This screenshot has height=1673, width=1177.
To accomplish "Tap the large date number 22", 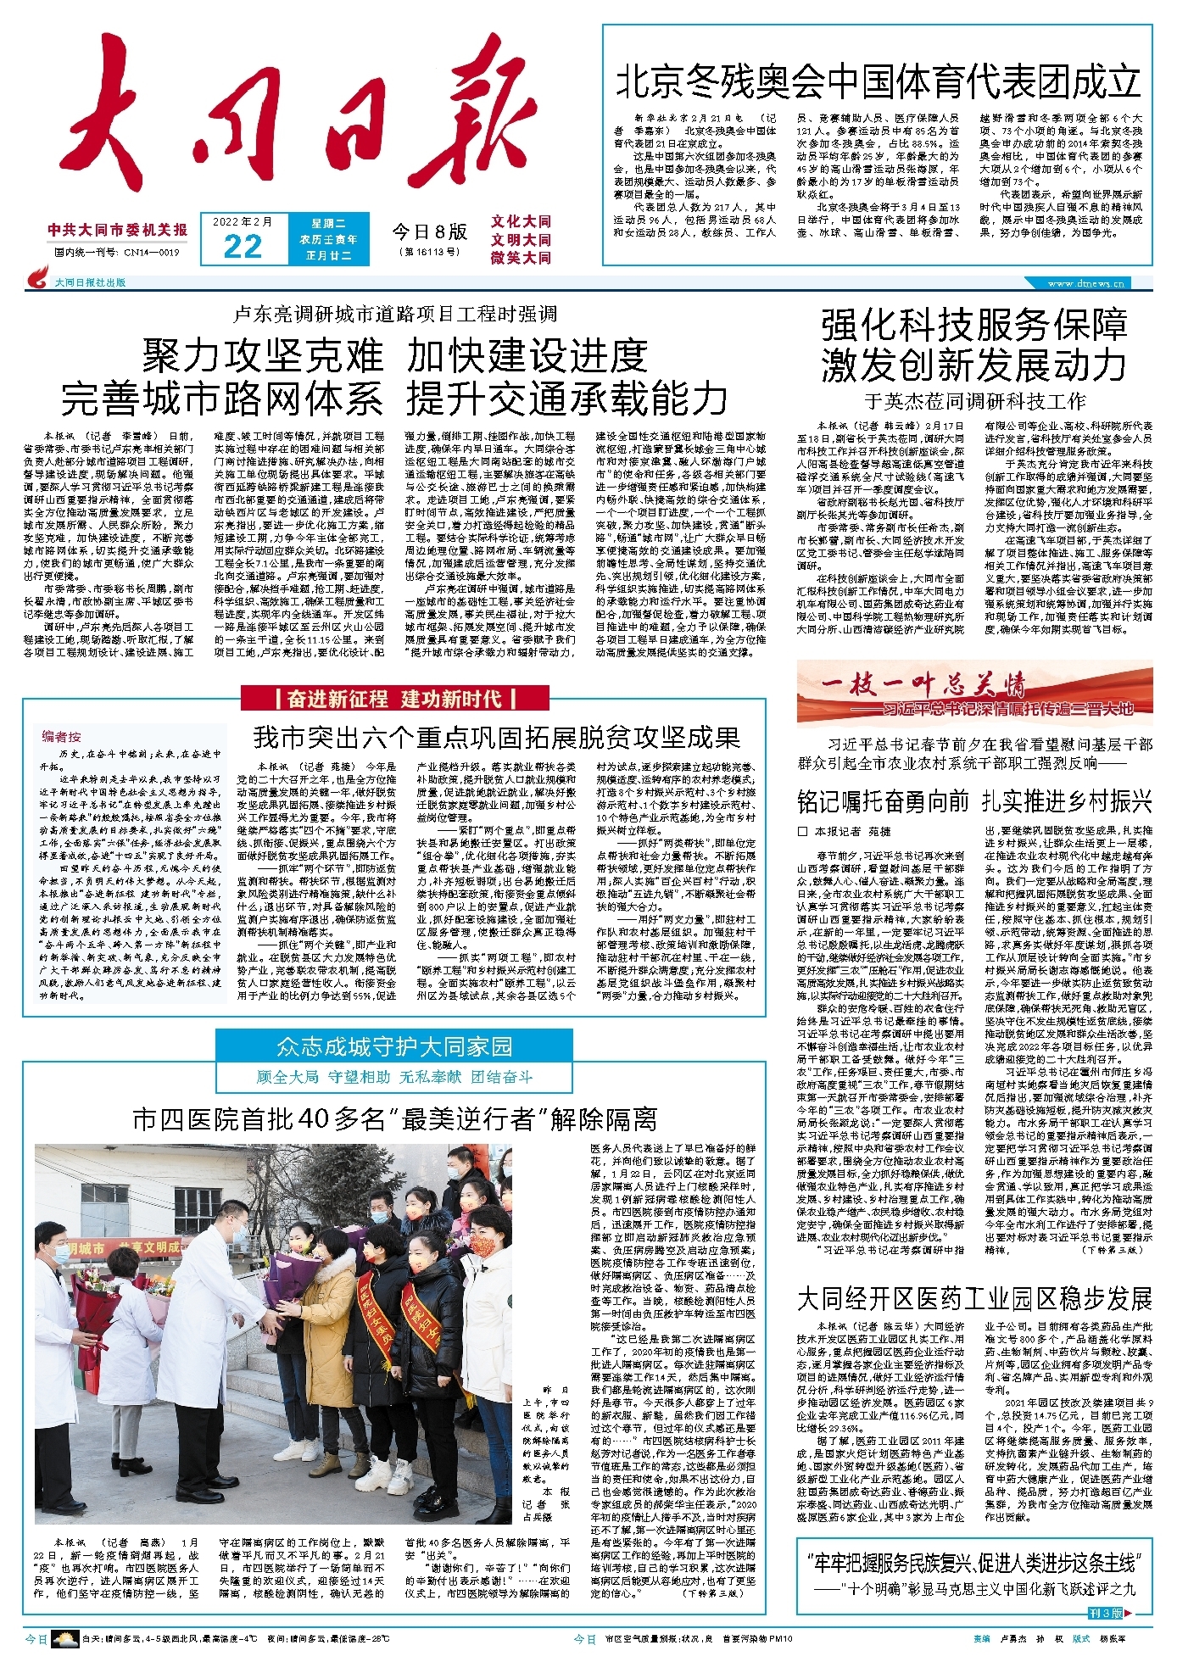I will [243, 247].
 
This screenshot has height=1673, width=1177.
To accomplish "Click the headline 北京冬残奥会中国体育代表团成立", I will [878, 81].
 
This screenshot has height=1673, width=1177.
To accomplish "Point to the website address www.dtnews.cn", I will [1086, 283].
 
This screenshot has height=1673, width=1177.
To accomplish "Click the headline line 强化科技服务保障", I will [974, 325].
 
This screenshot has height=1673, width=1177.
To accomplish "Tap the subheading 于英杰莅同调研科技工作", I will [974, 401].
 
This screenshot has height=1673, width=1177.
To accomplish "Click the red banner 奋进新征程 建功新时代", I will [394, 699].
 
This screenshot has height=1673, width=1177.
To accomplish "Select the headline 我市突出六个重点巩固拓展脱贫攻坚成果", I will [496, 737].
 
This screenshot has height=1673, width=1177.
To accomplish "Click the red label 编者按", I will [62, 736].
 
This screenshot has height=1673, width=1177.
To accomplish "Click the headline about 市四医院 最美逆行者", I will [394, 1119].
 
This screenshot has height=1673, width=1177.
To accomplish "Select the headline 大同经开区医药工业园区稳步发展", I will [974, 1298].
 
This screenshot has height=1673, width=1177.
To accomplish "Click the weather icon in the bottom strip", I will [64, 1639].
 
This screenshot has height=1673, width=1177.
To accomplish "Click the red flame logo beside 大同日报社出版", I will [38, 278].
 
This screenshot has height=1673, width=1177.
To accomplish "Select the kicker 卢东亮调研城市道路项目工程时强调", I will [394, 315].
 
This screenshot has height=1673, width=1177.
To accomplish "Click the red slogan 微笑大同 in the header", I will [521, 258].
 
